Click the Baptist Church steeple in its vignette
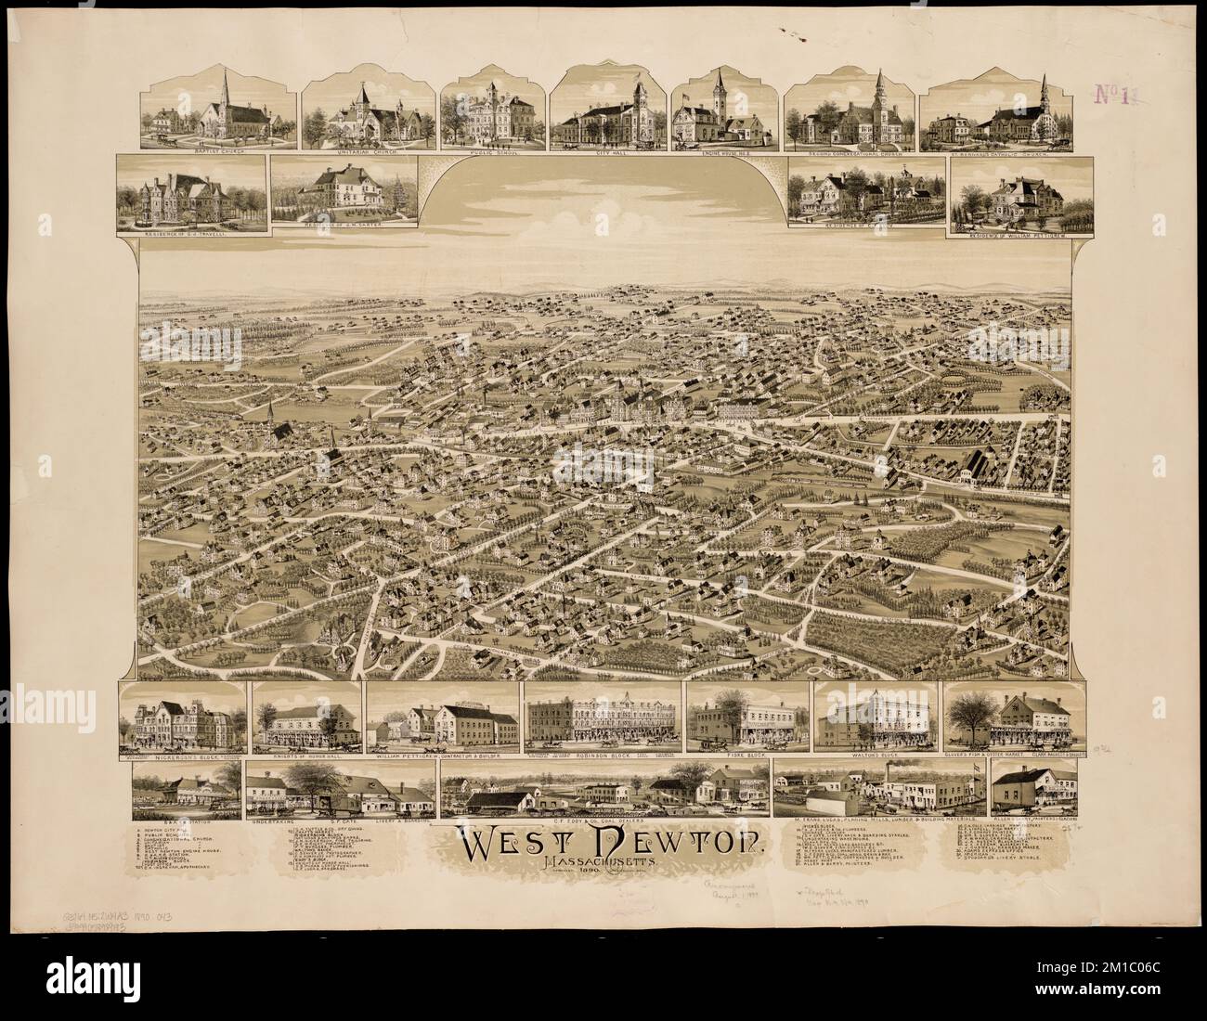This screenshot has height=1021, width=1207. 224,93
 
